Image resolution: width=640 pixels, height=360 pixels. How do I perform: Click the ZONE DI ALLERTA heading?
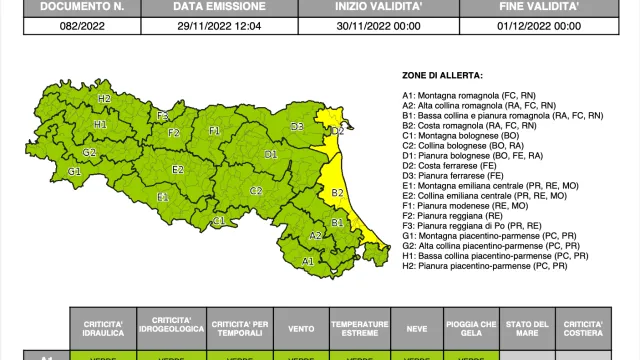pyautogui.click(x=441, y=75)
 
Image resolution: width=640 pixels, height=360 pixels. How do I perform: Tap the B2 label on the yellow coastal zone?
pyautogui.click(x=337, y=192)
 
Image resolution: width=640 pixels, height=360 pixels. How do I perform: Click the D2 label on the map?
pyautogui.click(x=338, y=130)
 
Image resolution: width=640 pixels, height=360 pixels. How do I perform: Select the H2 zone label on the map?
pyautogui.click(x=104, y=98)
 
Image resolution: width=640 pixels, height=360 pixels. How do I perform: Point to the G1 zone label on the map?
pyautogui.click(x=74, y=171)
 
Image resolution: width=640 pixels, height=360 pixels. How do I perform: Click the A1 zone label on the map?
pyautogui.click(x=308, y=261)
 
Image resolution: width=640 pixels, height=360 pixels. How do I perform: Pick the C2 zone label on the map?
pyautogui.click(x=256, y=190)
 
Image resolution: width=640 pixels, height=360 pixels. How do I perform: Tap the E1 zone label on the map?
pyautogui.click(x=163, y=197)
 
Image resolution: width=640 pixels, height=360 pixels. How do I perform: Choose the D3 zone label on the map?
pyautogui.click(x=297, y=127)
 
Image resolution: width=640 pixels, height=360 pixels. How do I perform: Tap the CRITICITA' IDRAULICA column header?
pyautogui.click(x=104, y=329)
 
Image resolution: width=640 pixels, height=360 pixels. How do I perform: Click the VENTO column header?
pyautogui.click(x=294, y=329)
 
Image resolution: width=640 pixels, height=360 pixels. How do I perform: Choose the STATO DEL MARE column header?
pyautogui.click(x=525, y=329)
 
